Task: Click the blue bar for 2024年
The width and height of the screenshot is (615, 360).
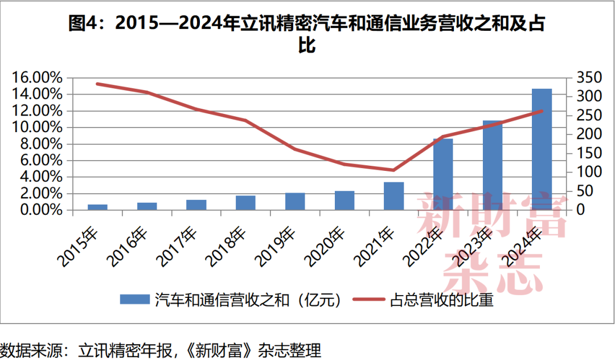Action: click(542, 149)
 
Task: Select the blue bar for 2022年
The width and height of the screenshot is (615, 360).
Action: click(443, 174)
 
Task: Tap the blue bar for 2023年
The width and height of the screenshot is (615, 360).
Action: click(493, 165)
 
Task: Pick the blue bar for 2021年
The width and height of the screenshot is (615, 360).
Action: click(393, 196)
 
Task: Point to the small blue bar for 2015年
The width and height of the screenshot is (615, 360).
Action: click(97, 207)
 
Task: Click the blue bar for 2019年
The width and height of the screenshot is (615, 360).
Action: click(295, 202)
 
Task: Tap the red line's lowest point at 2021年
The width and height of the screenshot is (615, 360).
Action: click(393, 170)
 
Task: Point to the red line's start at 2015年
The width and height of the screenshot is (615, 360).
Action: click(97, 84)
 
